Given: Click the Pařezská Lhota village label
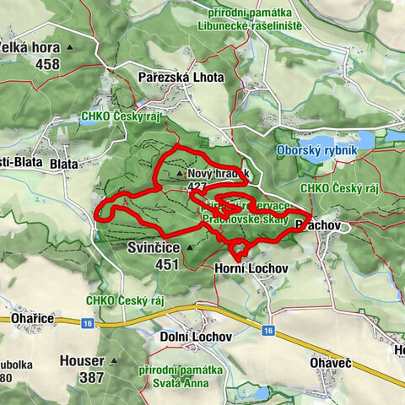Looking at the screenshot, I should click(x=181, y=77).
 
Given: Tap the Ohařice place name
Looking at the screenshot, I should click(x=33, y=317).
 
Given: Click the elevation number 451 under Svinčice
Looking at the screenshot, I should click(x=166, y=264).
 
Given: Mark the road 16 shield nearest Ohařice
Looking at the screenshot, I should click(x=87, y=322).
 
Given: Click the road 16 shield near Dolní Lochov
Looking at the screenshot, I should click(x=267, y=329).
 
